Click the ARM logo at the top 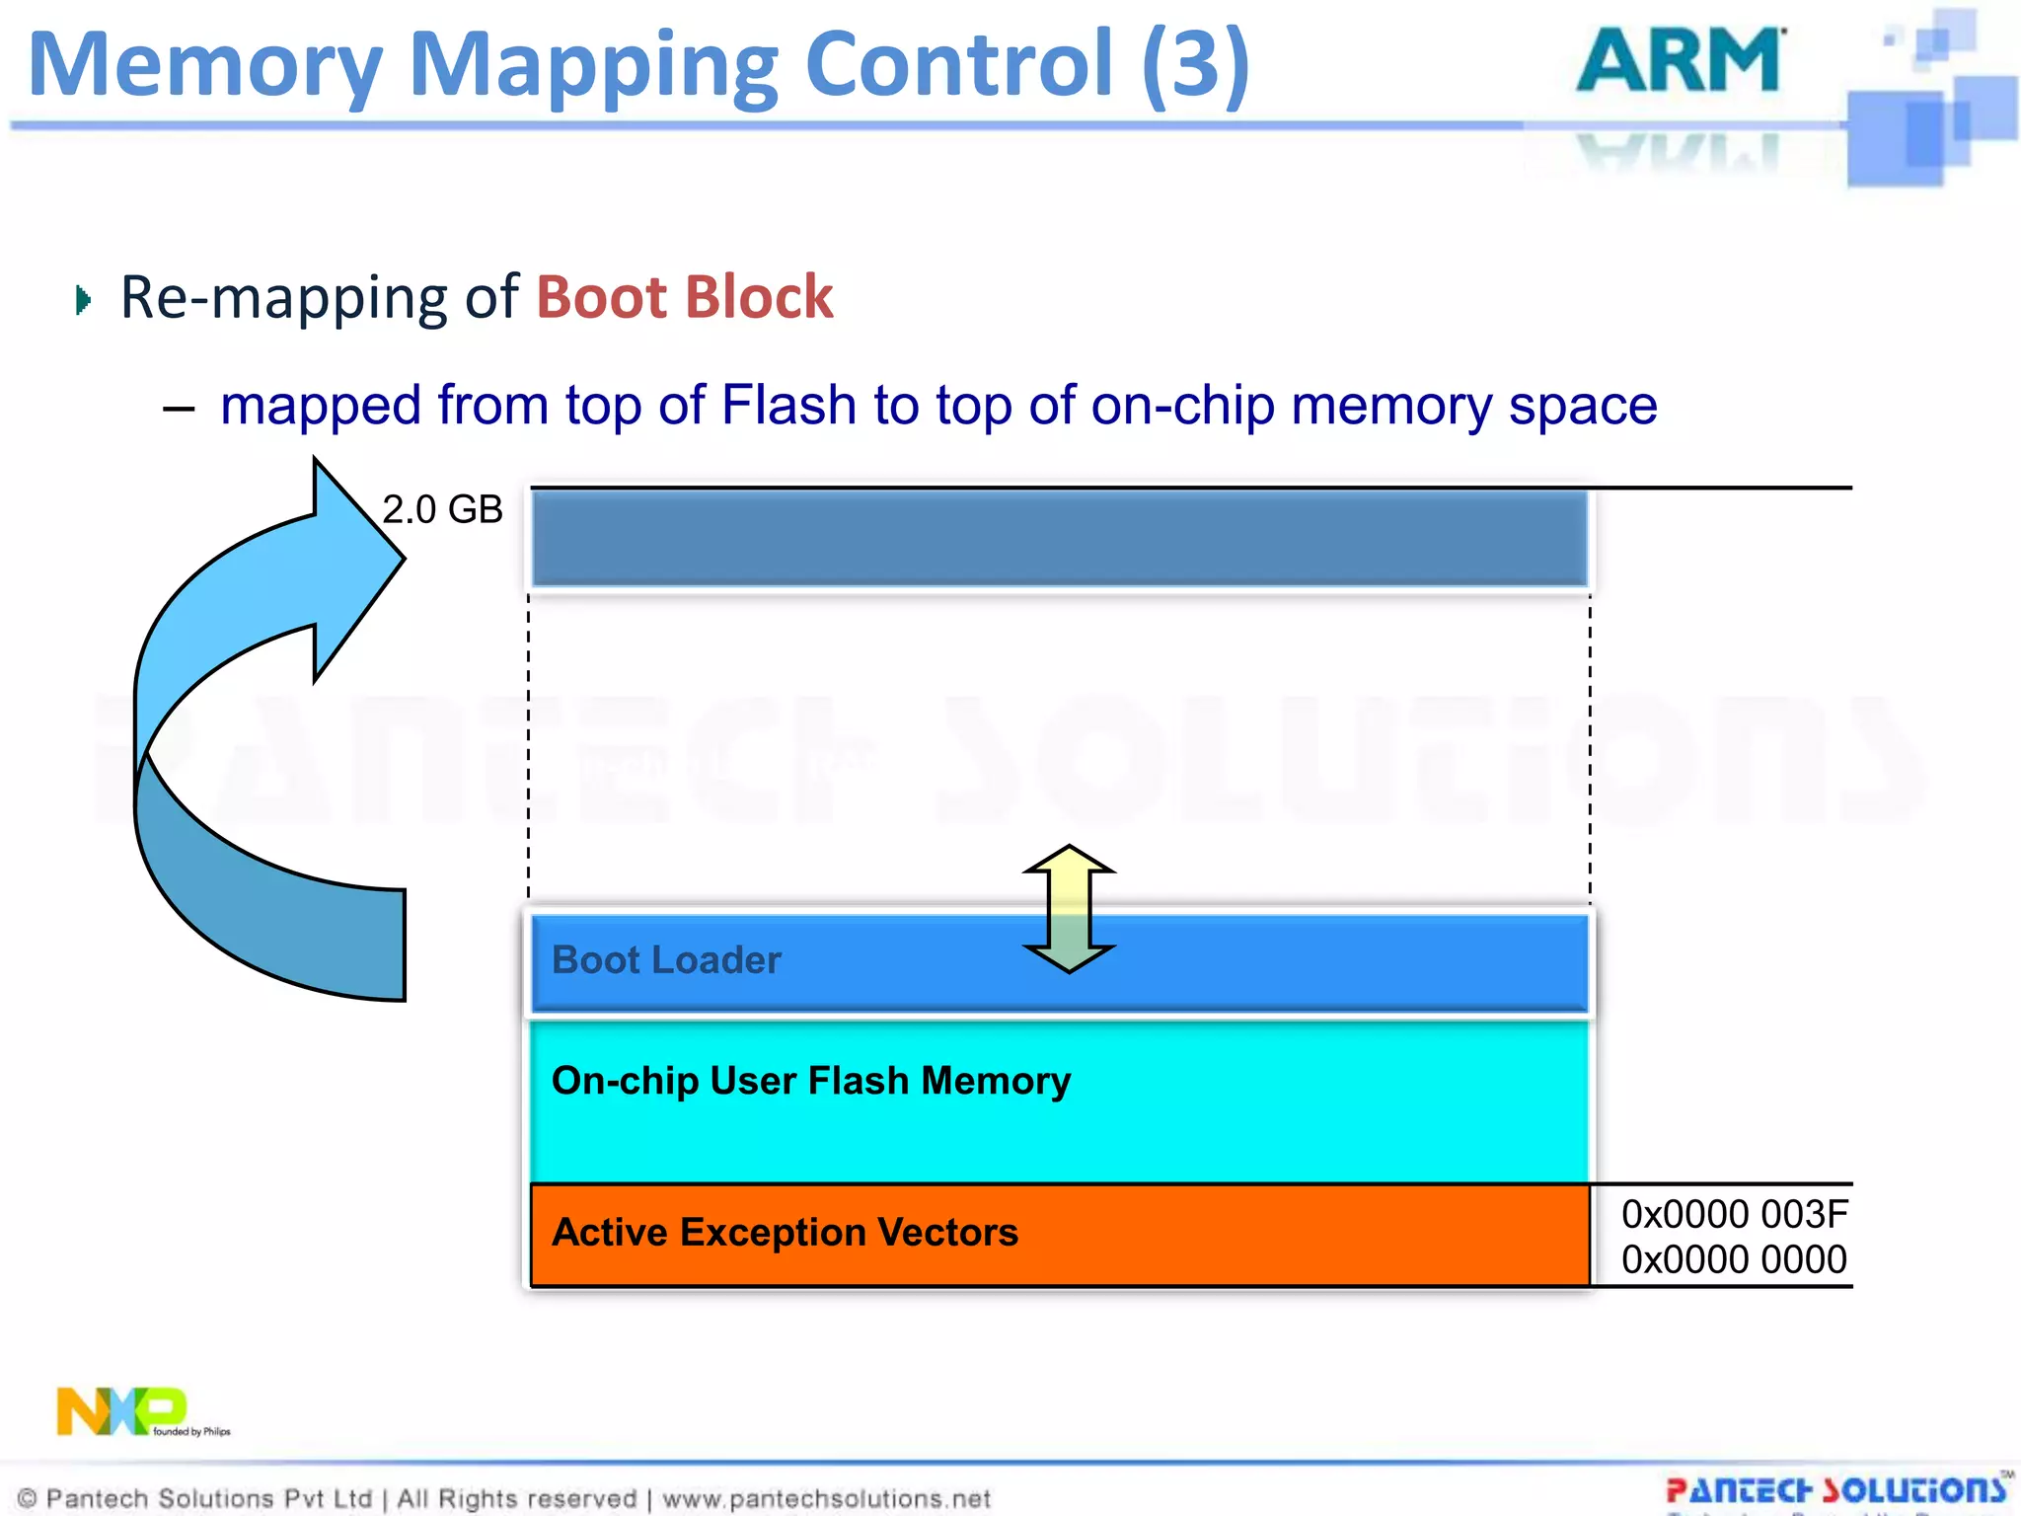tap(1681, 61)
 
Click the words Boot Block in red tap(685, 297)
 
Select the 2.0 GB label tap(442, 509)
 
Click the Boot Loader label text tap(666, 960)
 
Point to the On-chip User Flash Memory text tap(810, 1081)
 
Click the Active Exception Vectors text tap(785, 1233)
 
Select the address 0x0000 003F tap(1734, 1214)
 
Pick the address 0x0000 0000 tap(1734, 1259)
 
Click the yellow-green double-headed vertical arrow tap(1069, 908)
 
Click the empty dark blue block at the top tap(1059, 538)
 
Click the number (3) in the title tap(1195, 64)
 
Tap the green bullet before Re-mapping tap(83, 299)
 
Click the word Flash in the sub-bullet tap(788, 406)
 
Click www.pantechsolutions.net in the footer tap(826, 1498)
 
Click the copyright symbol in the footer tap(28, 1498)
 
